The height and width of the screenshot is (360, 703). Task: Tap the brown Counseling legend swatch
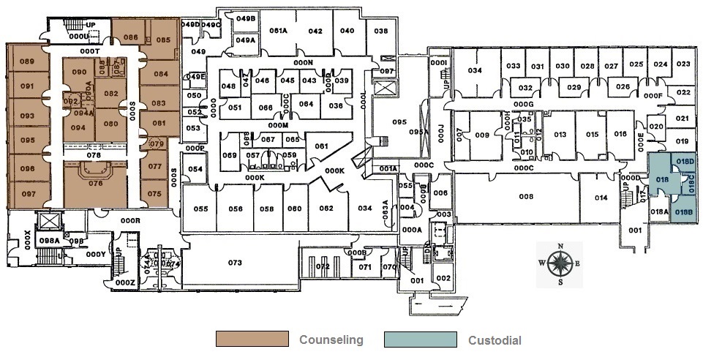[x=251, y=340]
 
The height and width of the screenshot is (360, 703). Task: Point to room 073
[x=235, y=262]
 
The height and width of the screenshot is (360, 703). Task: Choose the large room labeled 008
[x=525, y=196]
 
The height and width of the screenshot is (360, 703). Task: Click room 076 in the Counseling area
[x=95, y=184]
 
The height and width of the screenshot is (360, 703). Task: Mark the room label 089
[x=28, y=61]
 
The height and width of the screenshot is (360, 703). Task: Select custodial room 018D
[x=684, y=161]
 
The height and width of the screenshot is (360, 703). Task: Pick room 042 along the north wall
[x=315, y=31]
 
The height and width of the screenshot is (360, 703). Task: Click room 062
[x=326, y=209]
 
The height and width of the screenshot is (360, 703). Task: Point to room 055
[x=201, y=209]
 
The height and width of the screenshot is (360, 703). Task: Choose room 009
[x=481, y=135]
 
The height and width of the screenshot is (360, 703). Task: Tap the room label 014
[x=601, y=198]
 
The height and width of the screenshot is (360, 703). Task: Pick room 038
[x=380, y=31]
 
